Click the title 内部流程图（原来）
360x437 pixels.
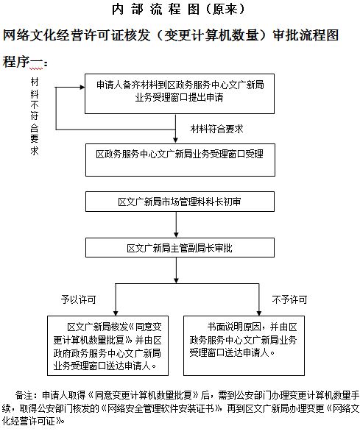(x=178, y=10)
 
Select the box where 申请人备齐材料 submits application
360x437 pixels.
(x=180, y=93)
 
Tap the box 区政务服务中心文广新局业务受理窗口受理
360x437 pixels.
(x=180, y=160)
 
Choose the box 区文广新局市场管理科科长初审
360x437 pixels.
(x=180, y=202)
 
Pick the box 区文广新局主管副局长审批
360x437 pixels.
(x=180, y=247)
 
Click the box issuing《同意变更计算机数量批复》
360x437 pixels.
(x=108, y=346)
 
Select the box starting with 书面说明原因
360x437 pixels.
(x=244, y=346)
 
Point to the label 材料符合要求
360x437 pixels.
(x=217, y=129)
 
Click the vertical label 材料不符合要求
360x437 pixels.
(x=35, y=116)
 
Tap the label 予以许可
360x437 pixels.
(x=78, y=299)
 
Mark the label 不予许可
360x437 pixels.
(x=289, y=299)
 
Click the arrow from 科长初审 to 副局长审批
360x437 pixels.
(x=176, y=224)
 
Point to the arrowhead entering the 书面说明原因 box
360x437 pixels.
(x=259, y=313)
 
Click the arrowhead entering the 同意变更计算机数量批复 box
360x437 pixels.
(x=116, y=313)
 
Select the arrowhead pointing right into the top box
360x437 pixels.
(x=82, y=88)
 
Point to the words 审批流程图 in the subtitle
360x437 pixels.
(x=306, y=35)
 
